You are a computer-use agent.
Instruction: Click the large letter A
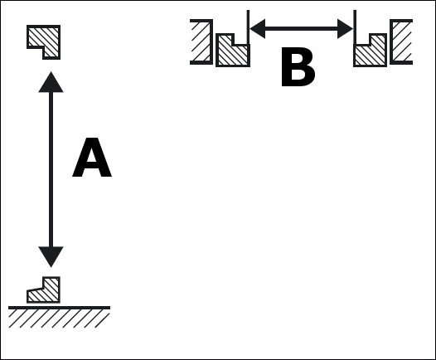point(92,157)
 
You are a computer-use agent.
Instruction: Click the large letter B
point(298,66)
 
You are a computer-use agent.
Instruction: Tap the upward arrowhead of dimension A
point(51,82)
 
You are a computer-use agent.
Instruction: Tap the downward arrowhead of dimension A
point(51,256)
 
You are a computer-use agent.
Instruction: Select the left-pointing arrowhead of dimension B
point(258,29)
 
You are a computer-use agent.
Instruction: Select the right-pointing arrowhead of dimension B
point(345,29)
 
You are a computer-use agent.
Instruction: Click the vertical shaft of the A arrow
point(51,169)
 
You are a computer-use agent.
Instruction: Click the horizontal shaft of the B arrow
point(301,29)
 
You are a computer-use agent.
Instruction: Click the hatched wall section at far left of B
point(201,41)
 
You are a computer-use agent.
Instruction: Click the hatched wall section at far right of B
point(401,41)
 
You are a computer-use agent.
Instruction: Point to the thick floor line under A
point(59,308)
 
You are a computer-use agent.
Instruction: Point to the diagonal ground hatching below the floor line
point(59,319)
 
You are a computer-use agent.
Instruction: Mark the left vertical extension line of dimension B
point(248,27)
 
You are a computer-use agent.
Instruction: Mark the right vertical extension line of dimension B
point(355,27)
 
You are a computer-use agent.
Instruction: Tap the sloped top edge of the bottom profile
point(36,289)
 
